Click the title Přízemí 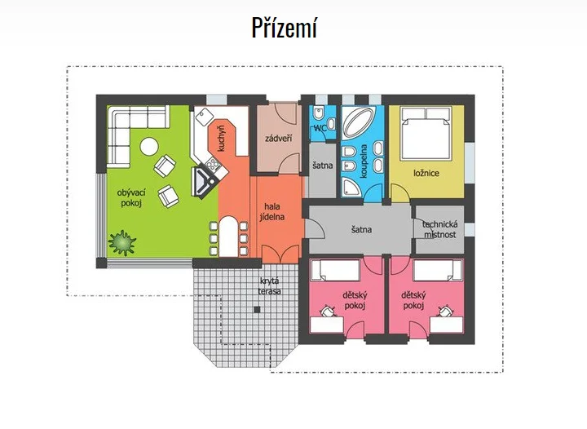click(x=285, y=28)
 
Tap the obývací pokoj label click(x=131, y=198)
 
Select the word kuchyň click(x=221, y=139)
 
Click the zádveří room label click(x=279, y=139)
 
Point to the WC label click(x=320, y=128)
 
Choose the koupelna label click(x=364, y=161)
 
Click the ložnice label click(x=426, y=174)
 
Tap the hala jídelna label click(x=272, y=211)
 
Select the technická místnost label click(x=440, y=229)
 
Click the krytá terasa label click(x=269, y=286)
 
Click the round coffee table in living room click(x=149, y=147)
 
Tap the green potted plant click(x=122, y=243)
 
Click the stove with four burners click(x=212, y=164)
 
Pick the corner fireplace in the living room click(x=203, y=182)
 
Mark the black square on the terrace click(x=257, y=310)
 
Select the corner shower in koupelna click(x=351, y=187)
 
